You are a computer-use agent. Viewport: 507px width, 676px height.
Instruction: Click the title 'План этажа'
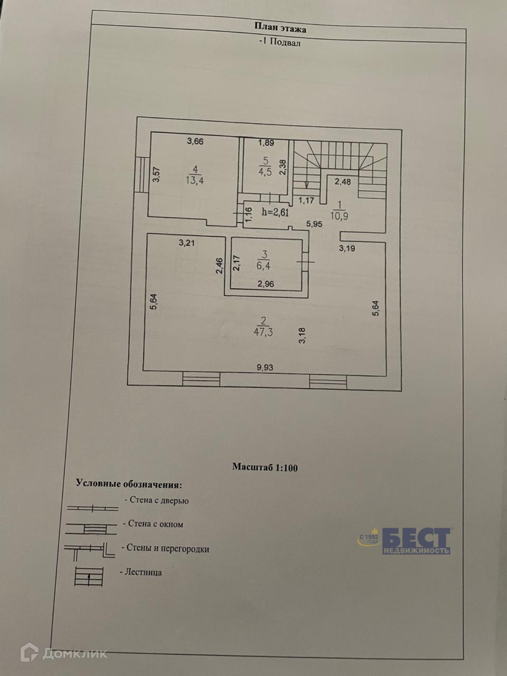[x=280, y=29]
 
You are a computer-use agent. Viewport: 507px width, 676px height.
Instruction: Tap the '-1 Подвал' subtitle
[x=280, y=43]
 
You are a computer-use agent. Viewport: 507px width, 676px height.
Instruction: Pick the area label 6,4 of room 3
[x=263, y=266]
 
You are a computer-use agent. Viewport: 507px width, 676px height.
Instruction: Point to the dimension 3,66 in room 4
[x=195, y=141]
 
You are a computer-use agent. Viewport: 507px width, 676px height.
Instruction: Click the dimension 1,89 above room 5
[x=266, y=142]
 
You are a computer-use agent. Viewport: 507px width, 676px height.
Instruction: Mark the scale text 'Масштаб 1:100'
[x=265, y=467]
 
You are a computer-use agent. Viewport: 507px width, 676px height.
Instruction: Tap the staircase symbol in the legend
[x=88, y=576]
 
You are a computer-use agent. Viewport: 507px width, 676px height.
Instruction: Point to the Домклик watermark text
[x=74, y=653]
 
